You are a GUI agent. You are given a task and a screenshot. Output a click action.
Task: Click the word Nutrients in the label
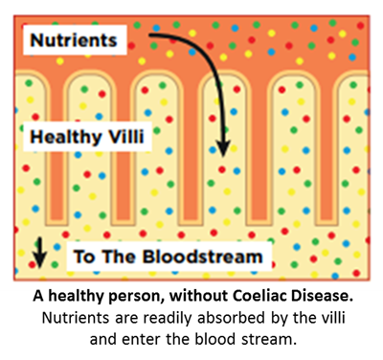tap(74, 40)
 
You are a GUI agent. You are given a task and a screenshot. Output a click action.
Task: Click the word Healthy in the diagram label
tap(65, 138)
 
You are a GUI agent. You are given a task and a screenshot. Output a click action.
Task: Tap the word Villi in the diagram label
tap(126, 136)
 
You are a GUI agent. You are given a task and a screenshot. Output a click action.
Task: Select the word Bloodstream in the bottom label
tap(203, 257)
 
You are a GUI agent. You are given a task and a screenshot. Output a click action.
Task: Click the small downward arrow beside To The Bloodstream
tap(39, 252)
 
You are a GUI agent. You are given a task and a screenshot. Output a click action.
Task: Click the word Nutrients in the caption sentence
tap(76, 318)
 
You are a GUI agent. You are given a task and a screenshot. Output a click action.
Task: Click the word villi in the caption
tap(335, 318)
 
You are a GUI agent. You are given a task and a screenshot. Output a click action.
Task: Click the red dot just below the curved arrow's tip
tap(222, 169)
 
